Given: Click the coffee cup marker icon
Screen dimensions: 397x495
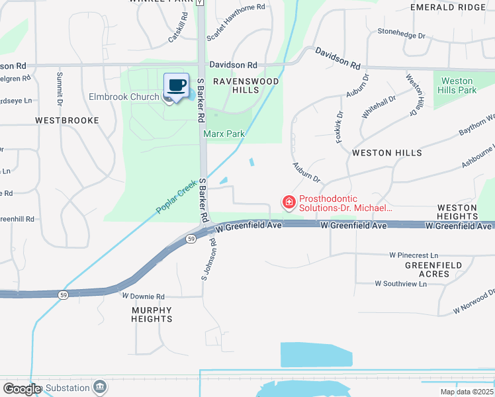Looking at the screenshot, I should point(177,85).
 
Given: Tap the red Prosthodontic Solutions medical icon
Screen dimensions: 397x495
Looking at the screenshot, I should point(289,202).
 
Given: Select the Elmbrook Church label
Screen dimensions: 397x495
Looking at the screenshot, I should point(124,97).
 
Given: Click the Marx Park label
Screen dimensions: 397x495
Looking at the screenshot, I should point(224,134).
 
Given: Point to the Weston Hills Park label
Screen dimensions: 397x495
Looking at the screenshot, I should point(458,85).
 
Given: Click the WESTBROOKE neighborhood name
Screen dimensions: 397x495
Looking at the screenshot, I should point(67,120).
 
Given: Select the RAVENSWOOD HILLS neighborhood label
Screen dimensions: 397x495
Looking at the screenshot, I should point(246,85).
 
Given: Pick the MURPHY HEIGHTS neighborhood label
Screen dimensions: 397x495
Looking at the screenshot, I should point(152,314).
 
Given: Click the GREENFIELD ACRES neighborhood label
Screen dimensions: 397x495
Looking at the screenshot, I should point(433,269).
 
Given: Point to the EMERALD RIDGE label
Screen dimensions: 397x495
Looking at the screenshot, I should point(447,7).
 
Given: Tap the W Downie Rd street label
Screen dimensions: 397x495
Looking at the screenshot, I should point(143,297).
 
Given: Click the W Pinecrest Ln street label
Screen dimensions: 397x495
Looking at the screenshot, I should point(414,255).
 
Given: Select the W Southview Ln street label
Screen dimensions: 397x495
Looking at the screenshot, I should point(400,284).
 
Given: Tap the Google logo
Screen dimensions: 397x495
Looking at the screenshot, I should point(22,389).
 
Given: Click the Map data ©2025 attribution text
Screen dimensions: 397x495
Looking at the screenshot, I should point(466,392).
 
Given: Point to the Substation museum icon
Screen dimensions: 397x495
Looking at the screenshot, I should point(100,386).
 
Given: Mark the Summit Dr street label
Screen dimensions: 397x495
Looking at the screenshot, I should point(60,89).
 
